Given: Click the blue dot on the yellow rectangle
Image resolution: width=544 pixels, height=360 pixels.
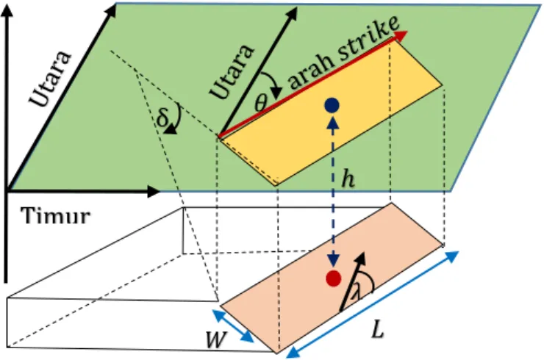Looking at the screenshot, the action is tap(332, 106).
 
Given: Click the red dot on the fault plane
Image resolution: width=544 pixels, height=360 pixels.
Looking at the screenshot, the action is tap(334, 278).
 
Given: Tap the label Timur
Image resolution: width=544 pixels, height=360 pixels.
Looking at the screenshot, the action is tap(56, 217).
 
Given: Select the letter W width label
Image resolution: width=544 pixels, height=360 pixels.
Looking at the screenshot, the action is tap(216, 339).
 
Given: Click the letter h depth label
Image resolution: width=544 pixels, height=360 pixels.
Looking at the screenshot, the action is tap(348, 180).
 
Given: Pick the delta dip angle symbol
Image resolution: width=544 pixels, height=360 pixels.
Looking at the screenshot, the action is tap(162, 118).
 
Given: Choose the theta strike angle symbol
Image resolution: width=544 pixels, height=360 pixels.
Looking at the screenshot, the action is tap(260, 102).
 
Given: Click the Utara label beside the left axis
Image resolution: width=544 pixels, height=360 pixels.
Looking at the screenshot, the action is tap(51, 79).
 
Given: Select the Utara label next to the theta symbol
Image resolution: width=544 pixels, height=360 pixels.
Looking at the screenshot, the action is tap(232, 71).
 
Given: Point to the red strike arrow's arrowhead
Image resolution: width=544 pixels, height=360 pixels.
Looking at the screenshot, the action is tap(401, 35).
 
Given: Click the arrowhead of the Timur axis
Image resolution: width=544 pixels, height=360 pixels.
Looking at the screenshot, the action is tap(154, 192).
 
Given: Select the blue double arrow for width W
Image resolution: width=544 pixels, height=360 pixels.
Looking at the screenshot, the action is tap(233, 326).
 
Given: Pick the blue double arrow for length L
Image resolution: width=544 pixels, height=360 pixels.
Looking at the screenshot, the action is tap(373, 304).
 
